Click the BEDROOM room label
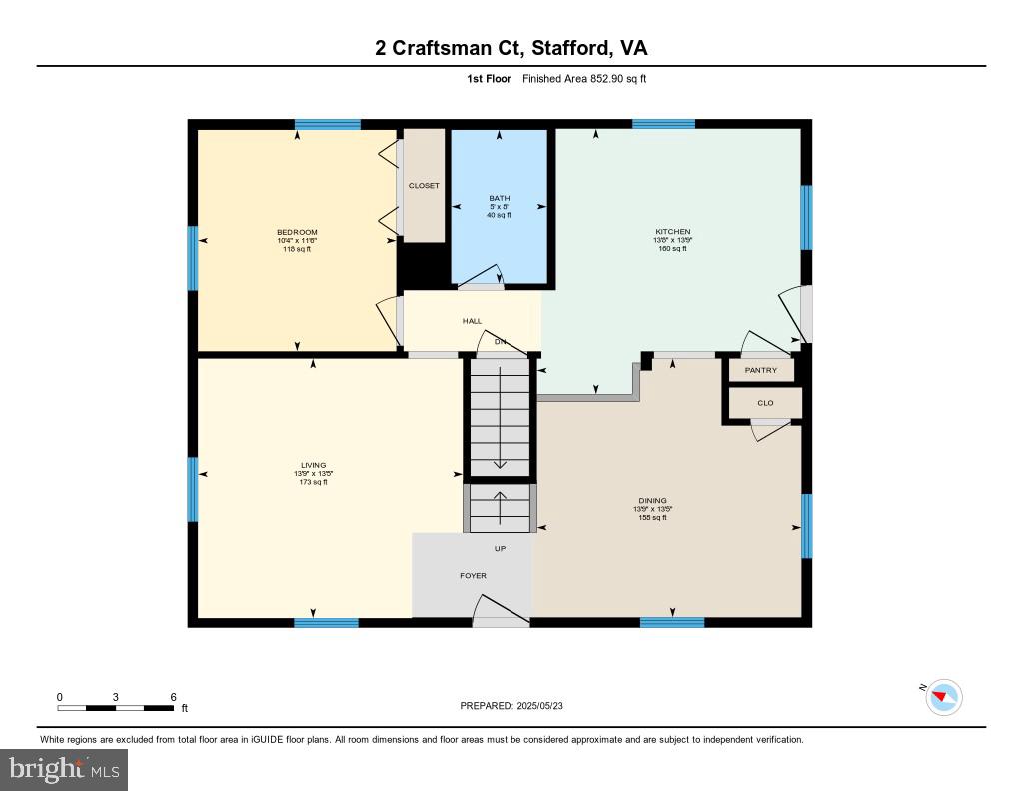(297, 233)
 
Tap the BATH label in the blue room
(499, 198)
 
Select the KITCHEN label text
(672, 232)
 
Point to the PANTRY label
(760, 370)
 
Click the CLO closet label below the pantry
(765, 403)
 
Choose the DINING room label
(652, 501)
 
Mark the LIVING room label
(313, 465)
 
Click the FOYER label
(473, 576)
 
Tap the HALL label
(472, 321)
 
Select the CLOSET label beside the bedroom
(424, 186)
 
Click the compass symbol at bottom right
(943, 697)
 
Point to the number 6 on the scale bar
(173, 696)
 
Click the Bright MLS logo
(64, 769)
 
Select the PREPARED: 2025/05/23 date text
(517, 706)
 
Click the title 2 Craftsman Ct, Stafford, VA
(511, 48)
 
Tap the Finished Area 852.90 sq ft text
(583, 78)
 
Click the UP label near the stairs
(500, 548)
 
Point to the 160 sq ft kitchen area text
(672, 249)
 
